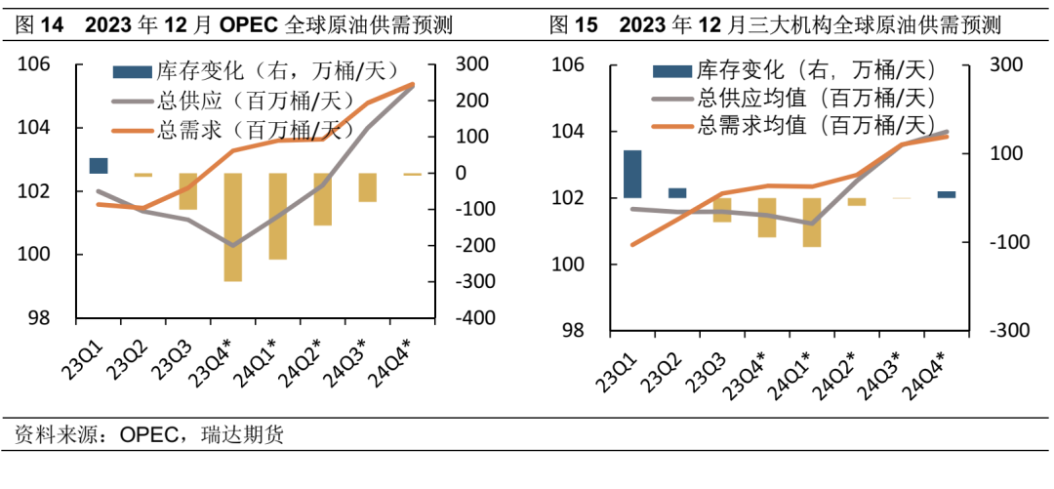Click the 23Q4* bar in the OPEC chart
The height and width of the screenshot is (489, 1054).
(x=232, y=226)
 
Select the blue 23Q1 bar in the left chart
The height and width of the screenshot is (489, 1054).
(x=99, y=165)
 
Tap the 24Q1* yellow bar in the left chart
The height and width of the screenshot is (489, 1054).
(x=277, y=216)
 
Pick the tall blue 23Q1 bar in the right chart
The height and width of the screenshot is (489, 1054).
(x=632, y=174)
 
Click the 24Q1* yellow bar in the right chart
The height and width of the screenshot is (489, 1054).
(x=812, y=222)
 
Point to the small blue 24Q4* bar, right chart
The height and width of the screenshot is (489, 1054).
(x=947, y=194)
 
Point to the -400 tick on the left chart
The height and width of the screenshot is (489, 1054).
(x=467, y=318)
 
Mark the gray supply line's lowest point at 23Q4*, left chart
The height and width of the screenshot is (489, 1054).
(x=232, y=245)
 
